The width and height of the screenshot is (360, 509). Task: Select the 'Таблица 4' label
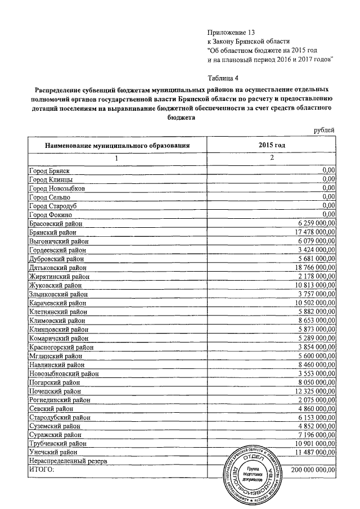click(x=223, y=78)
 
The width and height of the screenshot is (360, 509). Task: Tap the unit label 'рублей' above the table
click(x=324, y=130)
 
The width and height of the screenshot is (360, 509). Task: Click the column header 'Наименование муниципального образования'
click(x=117, y=145)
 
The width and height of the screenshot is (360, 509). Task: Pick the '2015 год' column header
click(x=271, y=145)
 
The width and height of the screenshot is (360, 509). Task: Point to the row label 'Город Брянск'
click(x=50, y=170)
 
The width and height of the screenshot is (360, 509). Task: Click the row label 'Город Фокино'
click(x=50, y=214)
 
